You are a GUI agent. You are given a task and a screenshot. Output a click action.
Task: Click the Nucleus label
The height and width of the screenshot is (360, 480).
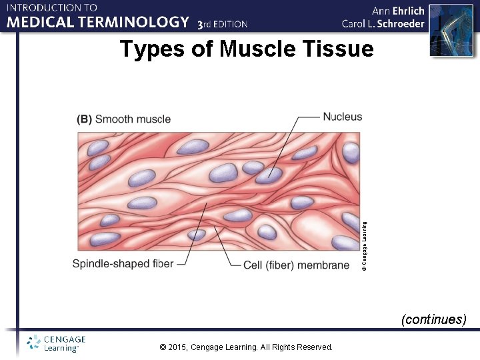coord(343,117)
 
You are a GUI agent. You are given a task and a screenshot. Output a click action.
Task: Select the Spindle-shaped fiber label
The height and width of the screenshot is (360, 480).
coord(123,263)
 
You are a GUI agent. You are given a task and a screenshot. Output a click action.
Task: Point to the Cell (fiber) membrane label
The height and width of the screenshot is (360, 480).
coord(296,265)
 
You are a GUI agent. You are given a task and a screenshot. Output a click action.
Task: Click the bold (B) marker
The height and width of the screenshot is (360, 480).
coord(85,119)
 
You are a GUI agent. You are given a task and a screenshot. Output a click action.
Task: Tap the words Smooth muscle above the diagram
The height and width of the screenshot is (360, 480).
coord(133,119)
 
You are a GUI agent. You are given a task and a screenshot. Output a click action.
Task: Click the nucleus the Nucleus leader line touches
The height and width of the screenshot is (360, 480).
coord(269,175)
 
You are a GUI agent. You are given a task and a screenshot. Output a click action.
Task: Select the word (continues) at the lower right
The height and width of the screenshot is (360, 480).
coord(433,319)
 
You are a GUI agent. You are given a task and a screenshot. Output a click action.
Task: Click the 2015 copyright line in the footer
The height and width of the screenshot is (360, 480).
coord(247,347)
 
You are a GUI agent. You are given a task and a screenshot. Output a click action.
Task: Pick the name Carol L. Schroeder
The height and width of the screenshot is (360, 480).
coord(383,23)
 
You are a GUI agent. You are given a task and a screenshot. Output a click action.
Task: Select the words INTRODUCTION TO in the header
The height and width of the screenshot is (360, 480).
coord(53,8)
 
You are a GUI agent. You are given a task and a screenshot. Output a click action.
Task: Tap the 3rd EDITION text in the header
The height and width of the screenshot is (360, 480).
coord(223,24)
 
